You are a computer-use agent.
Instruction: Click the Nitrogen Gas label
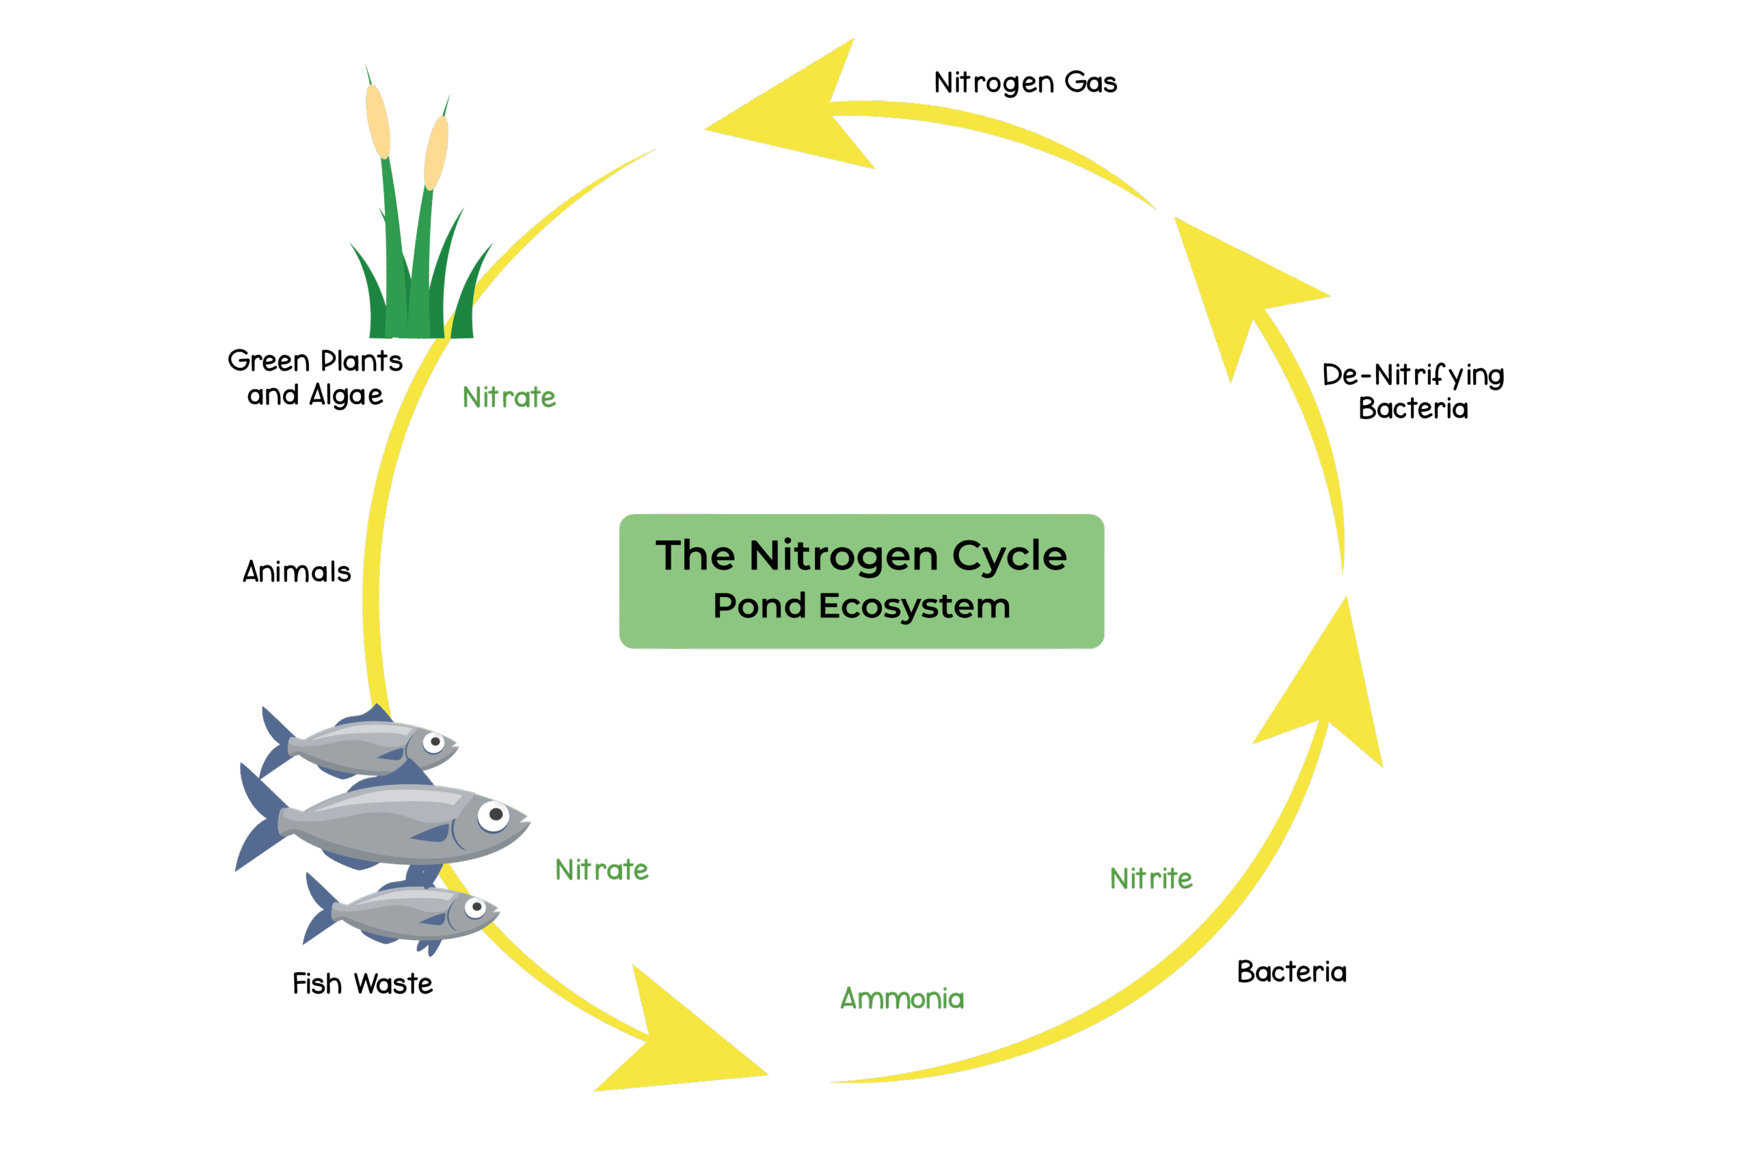coord(1025,82)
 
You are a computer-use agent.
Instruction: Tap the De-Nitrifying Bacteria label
coord(1412,392)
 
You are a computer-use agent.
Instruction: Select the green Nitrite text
coord(1151,878)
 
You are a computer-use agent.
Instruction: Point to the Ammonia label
coord(902,998)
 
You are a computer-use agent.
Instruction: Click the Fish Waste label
coord(362,985)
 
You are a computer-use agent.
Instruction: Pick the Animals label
coord(297,572)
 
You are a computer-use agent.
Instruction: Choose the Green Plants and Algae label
coord(315,377)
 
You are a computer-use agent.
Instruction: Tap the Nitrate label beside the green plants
coord(509,397)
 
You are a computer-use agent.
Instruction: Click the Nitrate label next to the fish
coord(602,870)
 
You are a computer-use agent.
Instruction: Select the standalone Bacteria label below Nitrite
coord(1292,972)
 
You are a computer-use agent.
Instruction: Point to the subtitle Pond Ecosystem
coord(861,606)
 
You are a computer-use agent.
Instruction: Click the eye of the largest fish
coord(493,815)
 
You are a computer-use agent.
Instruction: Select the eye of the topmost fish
coord(434,742)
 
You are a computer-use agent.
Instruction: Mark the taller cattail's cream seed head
coord(377,121)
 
